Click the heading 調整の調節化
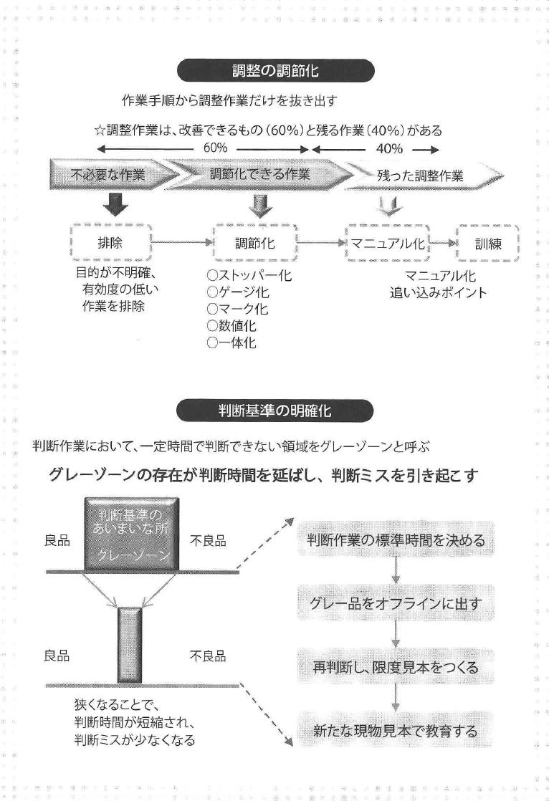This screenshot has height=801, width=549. tap(274, 71)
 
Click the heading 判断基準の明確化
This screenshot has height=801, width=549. tap(274, 411)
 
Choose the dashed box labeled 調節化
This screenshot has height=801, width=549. tap(254, 243)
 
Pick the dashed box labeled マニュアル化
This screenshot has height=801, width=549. tap(387, 243)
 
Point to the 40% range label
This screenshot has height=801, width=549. tap(388, 149)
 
